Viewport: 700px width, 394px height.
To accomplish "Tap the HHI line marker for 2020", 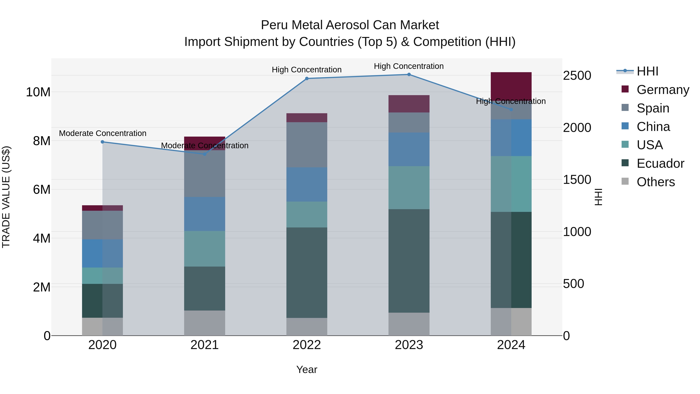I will [102, 142].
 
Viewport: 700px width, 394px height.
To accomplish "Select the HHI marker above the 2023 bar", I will [409, 75].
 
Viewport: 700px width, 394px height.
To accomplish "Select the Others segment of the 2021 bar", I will [204, 323].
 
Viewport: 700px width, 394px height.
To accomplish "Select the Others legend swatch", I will [625, 181].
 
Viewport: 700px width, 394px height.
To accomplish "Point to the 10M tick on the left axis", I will [38, 92].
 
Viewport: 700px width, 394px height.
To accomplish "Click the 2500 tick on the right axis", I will [577, 76].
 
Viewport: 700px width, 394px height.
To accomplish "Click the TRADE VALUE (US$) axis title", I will [6, 197].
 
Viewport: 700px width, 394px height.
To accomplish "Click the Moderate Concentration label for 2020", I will [102, 133].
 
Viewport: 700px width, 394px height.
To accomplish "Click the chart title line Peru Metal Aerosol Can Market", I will [350, 25].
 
